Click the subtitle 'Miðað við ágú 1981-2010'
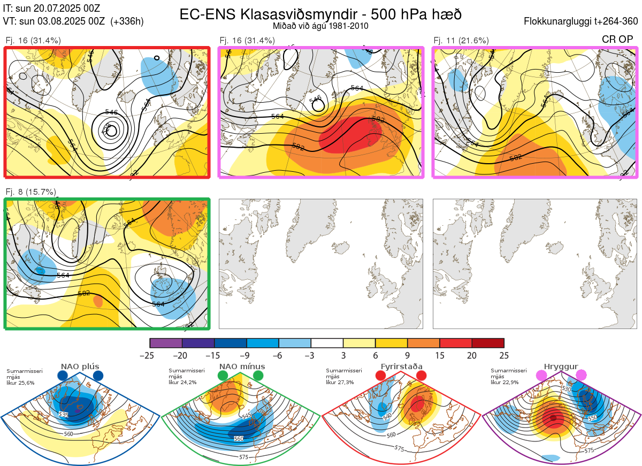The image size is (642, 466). (x=320, y=26)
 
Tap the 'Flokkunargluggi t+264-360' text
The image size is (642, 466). (x=582, y=22)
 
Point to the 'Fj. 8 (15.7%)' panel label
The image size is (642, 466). (x=30, y=192)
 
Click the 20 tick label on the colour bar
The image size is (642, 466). (x=471, y=355)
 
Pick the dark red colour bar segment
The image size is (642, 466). (x=488, y=343)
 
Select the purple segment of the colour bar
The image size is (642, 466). (x=166, y=343)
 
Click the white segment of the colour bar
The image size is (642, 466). (x=327, y=343)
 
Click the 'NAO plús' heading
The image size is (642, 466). (x=80, y=366)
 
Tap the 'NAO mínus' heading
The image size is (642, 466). (x=242, y=366)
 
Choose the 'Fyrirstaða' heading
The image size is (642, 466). (x=400, y=366)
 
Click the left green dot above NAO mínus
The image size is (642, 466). (x=223, y=376)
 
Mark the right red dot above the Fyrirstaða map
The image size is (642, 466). (x=421, y=376)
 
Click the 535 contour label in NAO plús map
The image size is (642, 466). (x=64, y=415)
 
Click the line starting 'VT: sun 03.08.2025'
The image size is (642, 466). (x=73, y=21)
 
